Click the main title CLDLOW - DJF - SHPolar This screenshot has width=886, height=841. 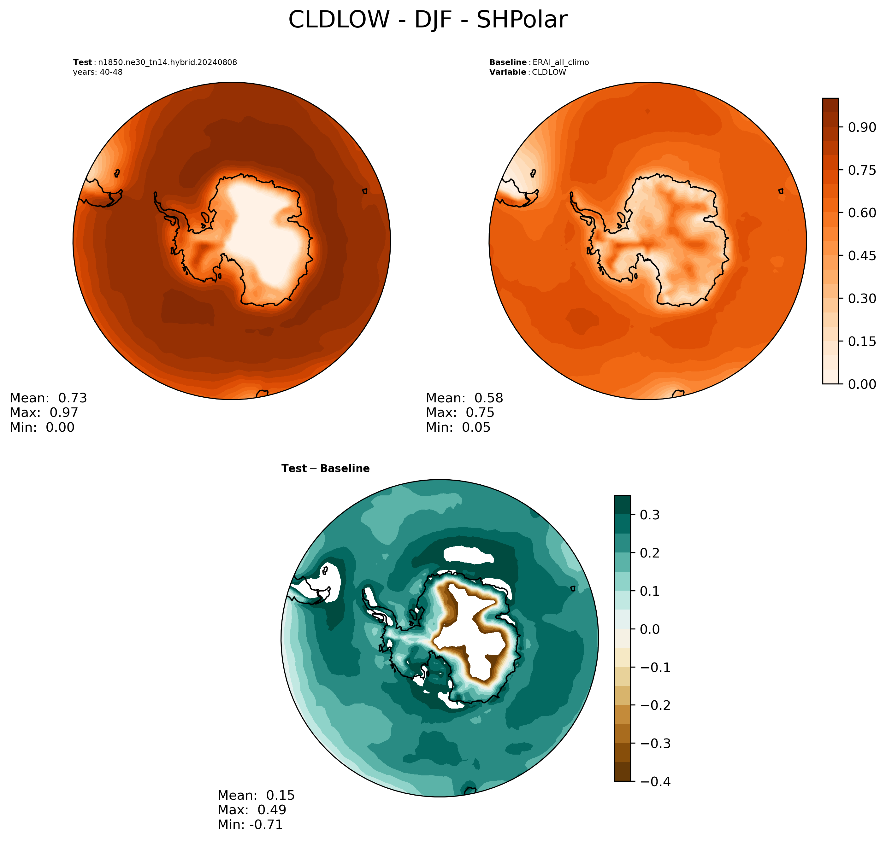click(x=428, y=20)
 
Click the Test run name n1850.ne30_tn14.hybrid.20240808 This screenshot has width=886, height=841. click(x=167, y=62)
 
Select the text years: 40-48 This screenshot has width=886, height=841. click(x=98, y=72)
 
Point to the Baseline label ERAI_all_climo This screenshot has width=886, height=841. click(x=561, y=62)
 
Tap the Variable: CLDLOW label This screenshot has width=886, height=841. click(x=528, y=72)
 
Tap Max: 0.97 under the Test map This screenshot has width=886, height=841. click(x=44, y=412)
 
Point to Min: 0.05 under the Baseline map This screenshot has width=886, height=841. click(x=458, y=427)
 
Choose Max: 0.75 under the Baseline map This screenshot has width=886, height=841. click(x=460, y=412)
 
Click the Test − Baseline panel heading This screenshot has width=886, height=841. click(x=326, y=469)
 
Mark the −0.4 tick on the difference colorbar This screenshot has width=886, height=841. click(x=655, y=781)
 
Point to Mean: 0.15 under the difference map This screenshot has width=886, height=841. click(x=256, y=795)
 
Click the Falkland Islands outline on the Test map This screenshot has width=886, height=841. click(x=118, y=173)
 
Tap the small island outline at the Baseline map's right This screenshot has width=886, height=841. click(x=781, y=191)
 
